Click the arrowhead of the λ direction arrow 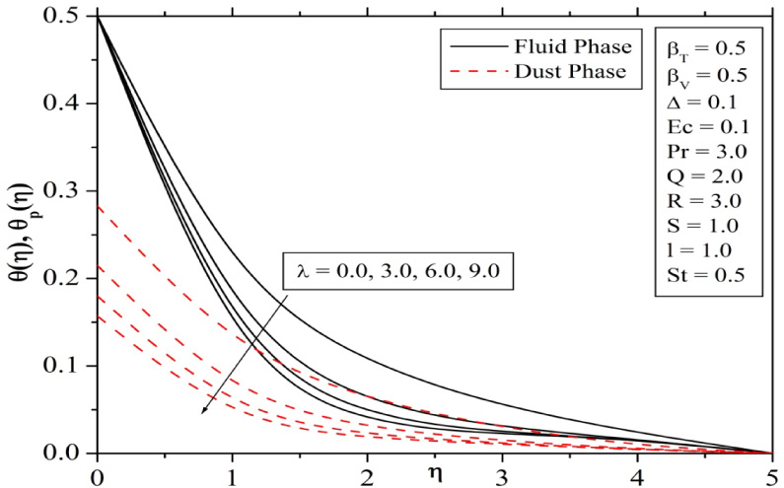(x=204, y=412)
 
